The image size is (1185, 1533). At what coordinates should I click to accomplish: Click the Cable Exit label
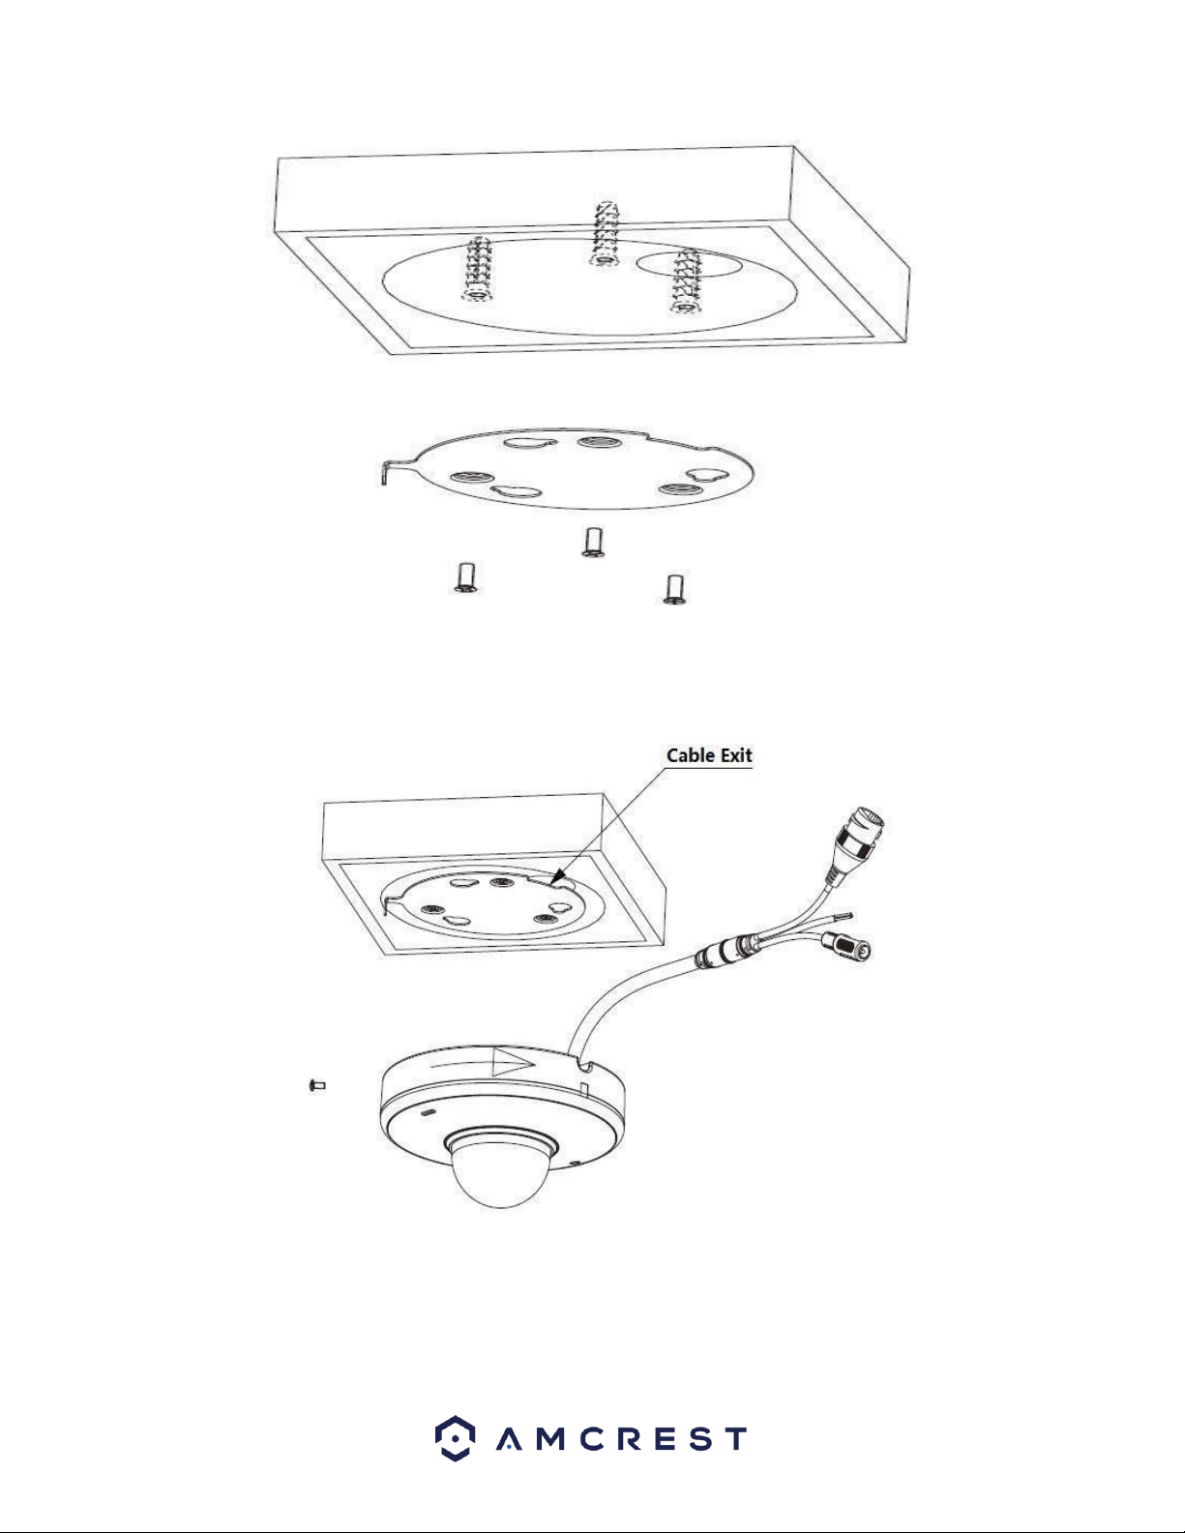pos(709,755)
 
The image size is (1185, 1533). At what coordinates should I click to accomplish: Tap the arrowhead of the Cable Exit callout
pos(557,877)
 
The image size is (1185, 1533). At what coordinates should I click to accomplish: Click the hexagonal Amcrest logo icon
pos(455,1438)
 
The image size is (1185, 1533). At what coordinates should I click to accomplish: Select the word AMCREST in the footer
pos(621,1439)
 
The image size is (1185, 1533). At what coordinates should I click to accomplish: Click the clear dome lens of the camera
pos(498,1172)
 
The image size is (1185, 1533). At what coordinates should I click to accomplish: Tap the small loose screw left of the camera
pos(317,1085)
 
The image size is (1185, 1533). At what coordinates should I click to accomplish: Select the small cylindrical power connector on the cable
pos(846,946)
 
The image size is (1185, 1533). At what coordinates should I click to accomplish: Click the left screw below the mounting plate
pos(464,577)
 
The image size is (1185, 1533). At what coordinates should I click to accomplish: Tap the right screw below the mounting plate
pos(674,589)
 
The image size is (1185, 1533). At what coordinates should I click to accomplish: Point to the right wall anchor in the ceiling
pos(684,281)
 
